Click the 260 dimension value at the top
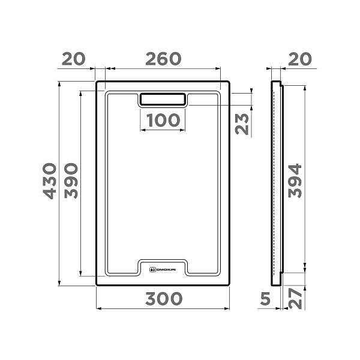[x=163, y=59]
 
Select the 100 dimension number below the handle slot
[x=163, y=120]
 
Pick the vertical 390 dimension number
[x=71, y=181]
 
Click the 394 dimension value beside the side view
[x=294, y=181]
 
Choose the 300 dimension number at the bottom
[x=163, y=298]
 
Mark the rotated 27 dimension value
[x=294, y=298]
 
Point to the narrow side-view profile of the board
[x=277, y=183]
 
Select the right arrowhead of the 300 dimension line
[x=227, y=309]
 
